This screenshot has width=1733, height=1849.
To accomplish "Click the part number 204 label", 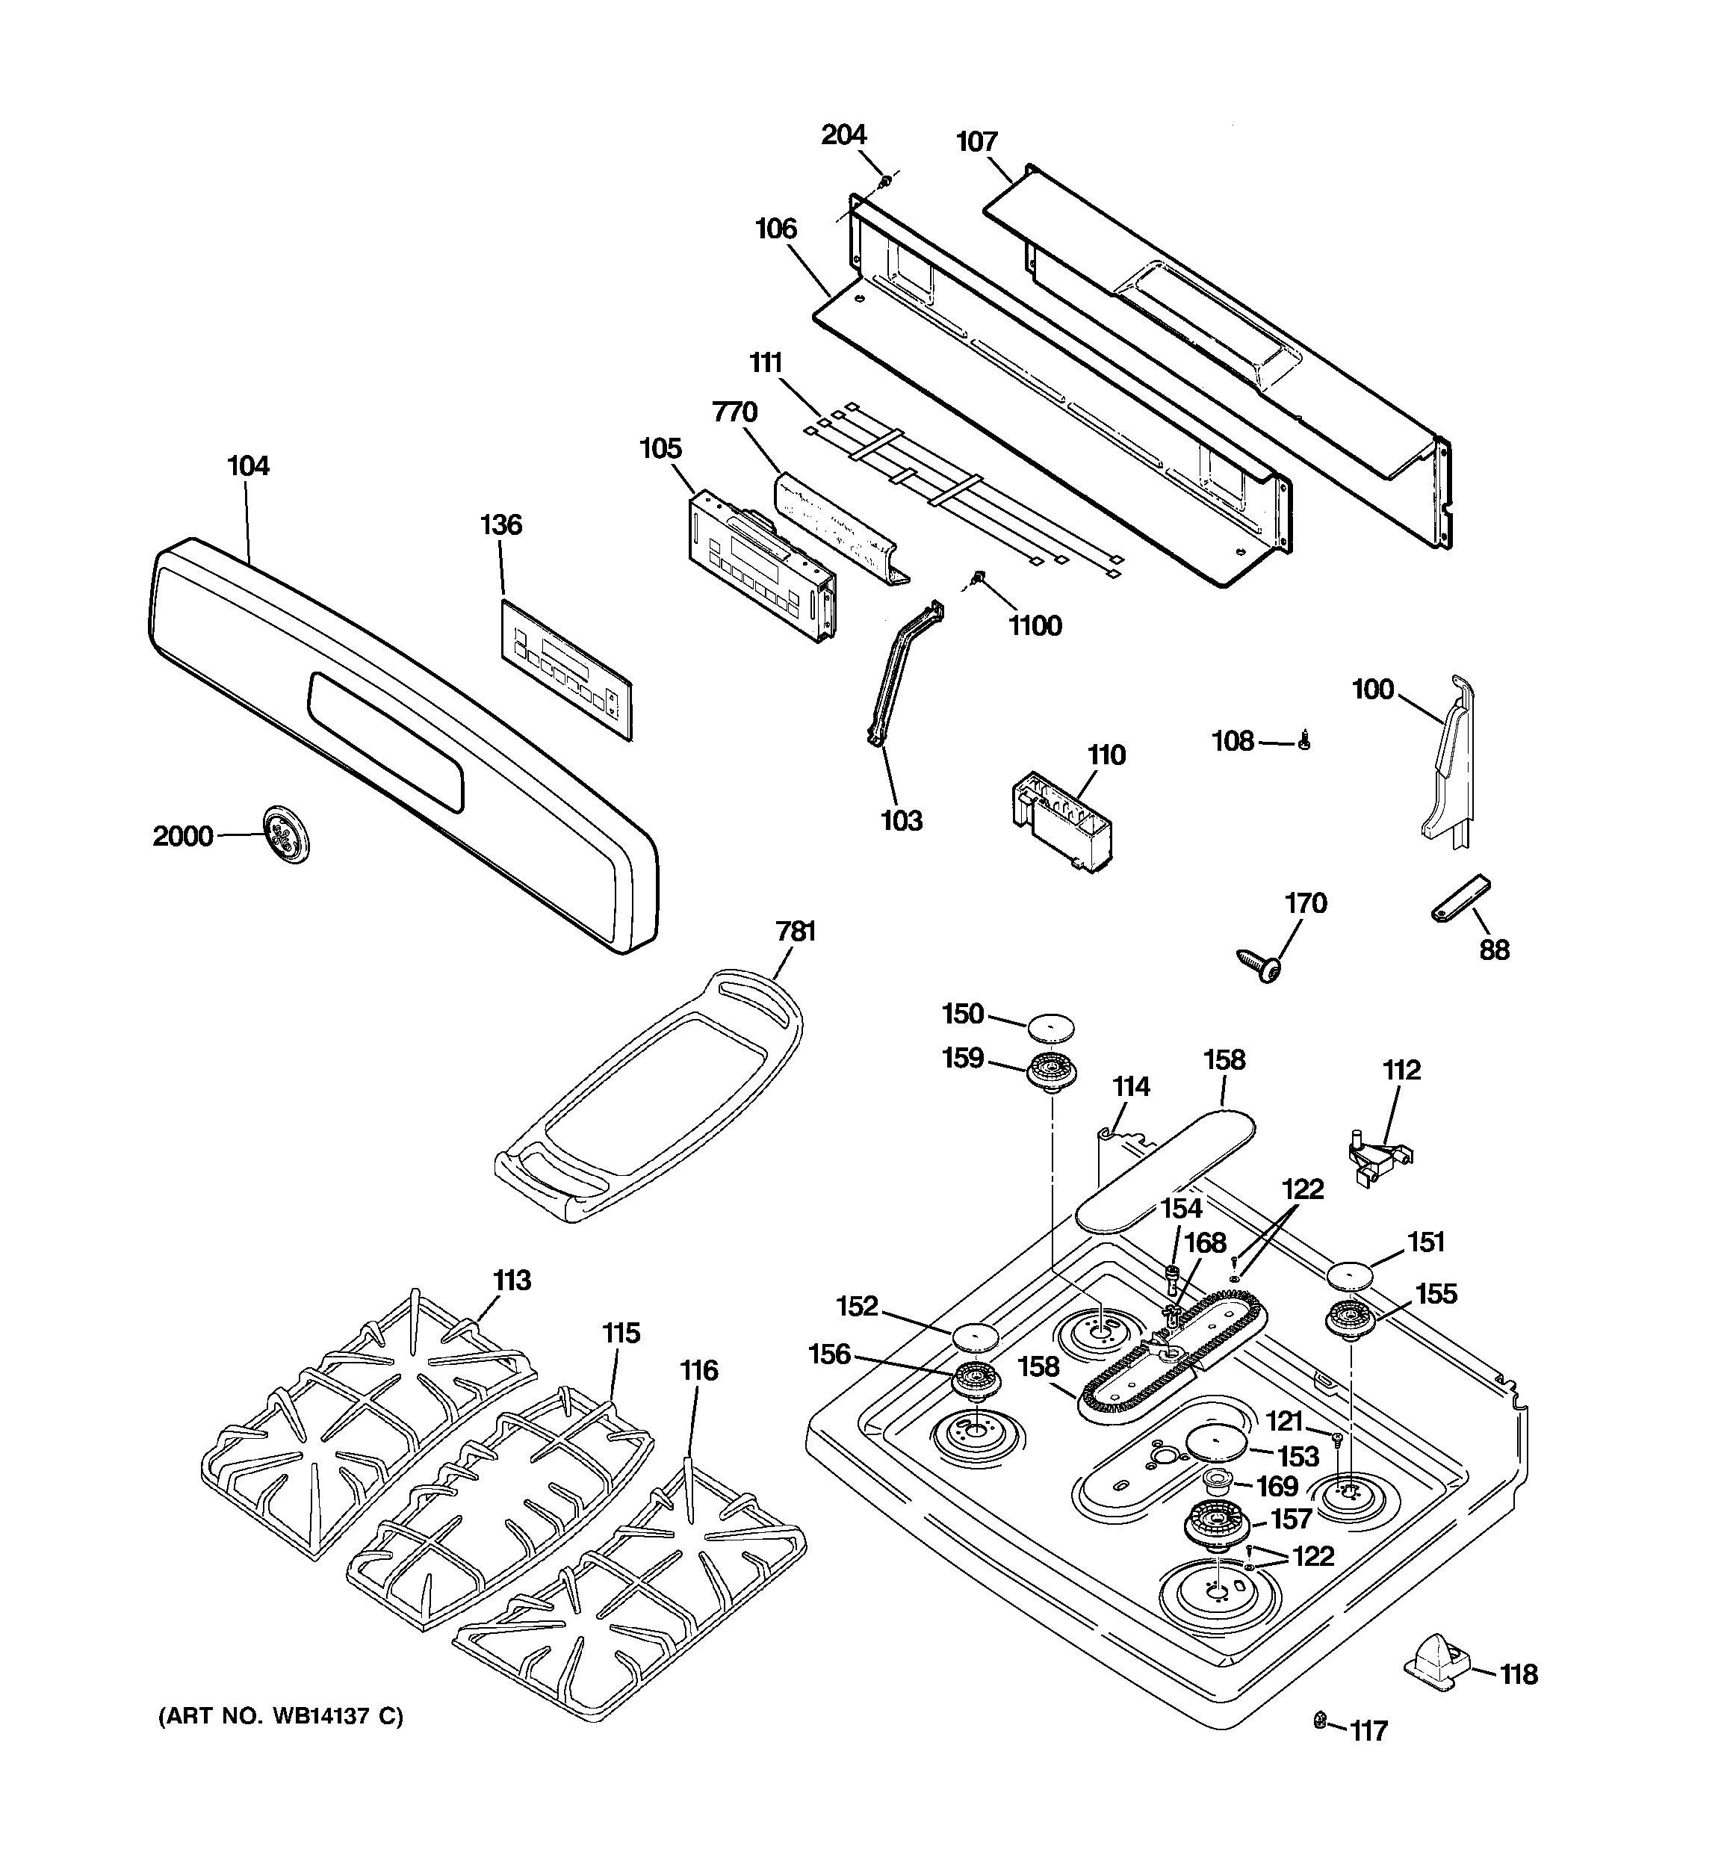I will pyautogui.click(x=843, y=136).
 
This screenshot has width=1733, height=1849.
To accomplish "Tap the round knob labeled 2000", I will pyautogui.click(x=285, y=835).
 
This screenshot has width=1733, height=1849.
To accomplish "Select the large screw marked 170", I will pyautogui.click(x=1259, y=965).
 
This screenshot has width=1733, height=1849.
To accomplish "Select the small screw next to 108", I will pyautogui.click(x=1304, y=741).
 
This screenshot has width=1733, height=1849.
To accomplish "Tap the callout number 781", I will pyautogui.click(x=796, y=931).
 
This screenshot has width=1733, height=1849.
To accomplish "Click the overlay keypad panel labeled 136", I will pyautogui.click(x=566, y=669).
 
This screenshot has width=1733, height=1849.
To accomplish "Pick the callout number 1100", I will pyautogui.click(x=1035, y=626).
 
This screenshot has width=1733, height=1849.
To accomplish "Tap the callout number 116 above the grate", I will pyautogui.click(x=698, y=1370).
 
